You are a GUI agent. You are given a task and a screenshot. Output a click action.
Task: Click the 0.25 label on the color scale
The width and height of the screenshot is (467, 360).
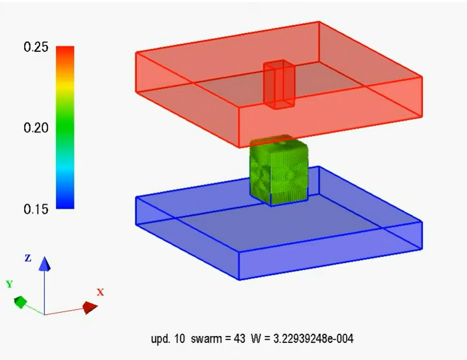click(x=36, y=47)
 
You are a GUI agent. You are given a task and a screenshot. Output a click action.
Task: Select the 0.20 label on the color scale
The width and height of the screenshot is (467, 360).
click(x=36, y=128)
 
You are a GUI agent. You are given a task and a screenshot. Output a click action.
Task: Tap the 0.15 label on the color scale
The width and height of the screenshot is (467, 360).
click(x=36, y=209)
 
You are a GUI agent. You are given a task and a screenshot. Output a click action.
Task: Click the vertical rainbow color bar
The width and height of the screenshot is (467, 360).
click(x=65, y=127)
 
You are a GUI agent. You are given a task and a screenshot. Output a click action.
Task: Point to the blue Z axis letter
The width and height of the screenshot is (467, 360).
click(x=28, y=258)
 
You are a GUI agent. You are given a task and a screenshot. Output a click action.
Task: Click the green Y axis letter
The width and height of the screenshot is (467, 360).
click(x=10, y=284)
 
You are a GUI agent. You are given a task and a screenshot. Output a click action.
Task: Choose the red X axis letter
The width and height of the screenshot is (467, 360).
click(x=101, y=292)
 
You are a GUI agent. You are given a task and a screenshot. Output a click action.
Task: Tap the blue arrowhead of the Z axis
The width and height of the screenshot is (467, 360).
click(x=45, y=264)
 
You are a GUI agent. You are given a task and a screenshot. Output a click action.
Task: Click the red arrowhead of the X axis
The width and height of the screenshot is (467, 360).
click(x=90, y=307)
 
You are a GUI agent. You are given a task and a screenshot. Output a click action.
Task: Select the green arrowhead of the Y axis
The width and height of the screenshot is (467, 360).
click(x=20, y=302)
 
